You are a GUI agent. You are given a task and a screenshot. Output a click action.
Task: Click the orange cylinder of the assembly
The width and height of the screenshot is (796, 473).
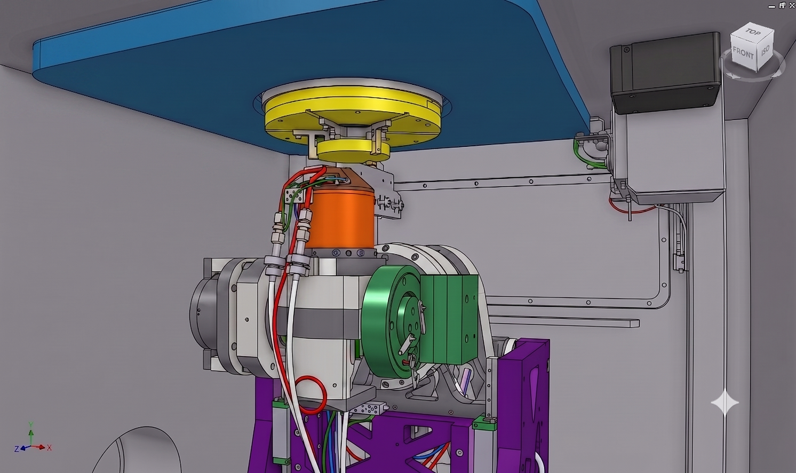point(340,219)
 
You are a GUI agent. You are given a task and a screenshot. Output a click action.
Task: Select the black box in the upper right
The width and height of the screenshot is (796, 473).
point(665,73)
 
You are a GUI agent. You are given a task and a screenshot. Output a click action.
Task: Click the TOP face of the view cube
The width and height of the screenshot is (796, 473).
point(753,33)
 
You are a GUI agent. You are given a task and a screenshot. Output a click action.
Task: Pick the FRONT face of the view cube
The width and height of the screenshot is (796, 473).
point(743,53)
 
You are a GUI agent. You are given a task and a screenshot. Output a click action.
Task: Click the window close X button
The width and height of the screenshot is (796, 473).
point(792,5)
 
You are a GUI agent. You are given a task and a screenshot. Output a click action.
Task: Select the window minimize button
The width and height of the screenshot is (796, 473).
point(771,6)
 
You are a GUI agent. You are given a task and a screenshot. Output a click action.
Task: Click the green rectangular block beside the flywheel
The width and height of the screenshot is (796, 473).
point(450,318)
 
